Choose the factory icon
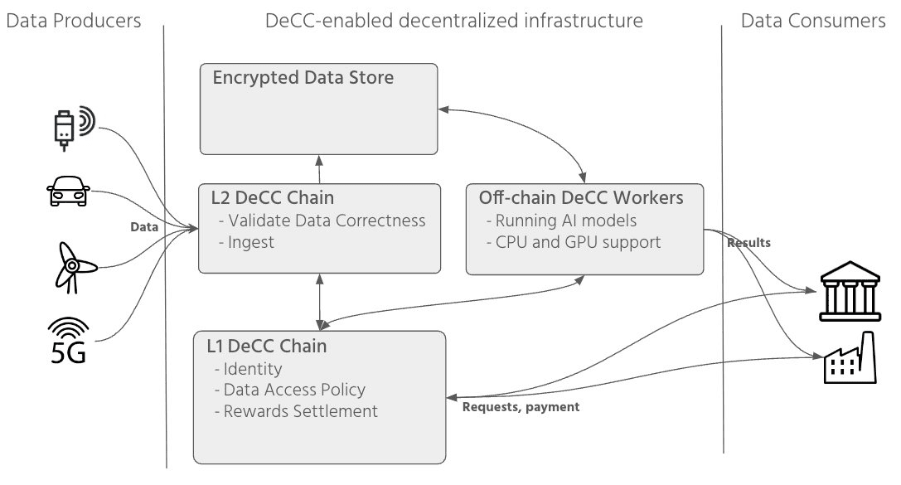click(x=848, y=358)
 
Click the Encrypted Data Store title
click(x=303, y=78)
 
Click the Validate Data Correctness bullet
click(x=322, y=221)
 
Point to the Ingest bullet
click(x=245, y=242)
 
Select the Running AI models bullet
click(x=562, y=221)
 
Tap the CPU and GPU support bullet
click(x=573, y=242)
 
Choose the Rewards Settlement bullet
click(x=296, y=411)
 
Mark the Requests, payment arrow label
click(x=521, y=407)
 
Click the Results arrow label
click(x=748, y=243)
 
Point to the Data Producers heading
click(x=74, y=21)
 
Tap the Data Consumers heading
click(x=813, y=21)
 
